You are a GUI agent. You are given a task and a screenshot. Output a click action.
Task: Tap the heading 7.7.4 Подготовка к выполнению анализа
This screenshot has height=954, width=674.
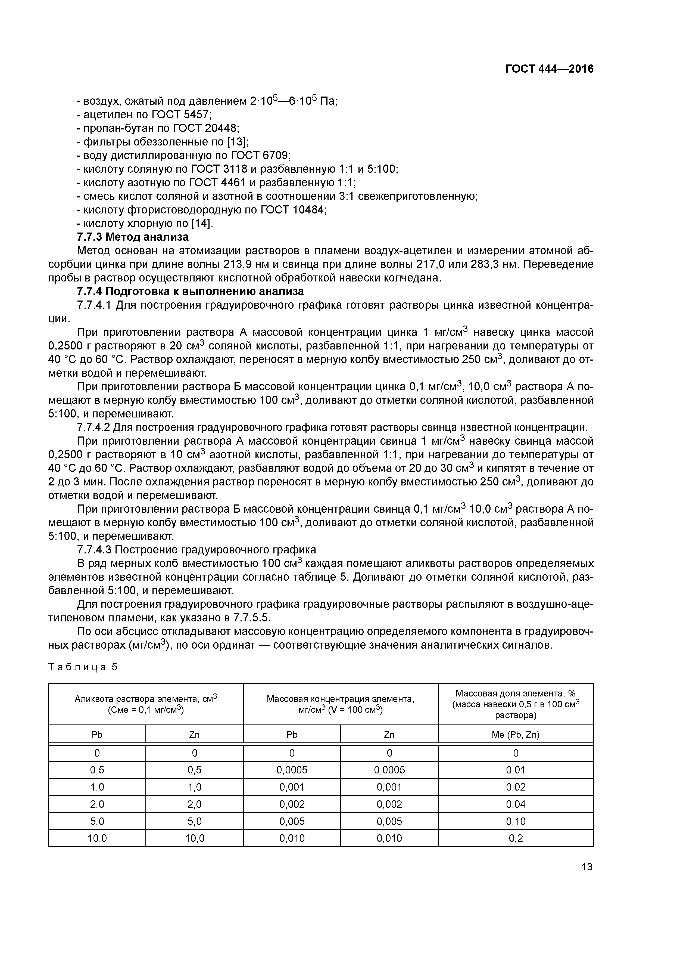click(x=190, y=291)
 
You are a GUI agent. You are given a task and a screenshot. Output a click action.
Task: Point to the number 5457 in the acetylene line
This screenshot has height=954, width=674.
click(x=197, y=114)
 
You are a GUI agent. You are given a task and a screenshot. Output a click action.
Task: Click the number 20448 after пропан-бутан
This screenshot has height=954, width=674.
click(x=218, y=128)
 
